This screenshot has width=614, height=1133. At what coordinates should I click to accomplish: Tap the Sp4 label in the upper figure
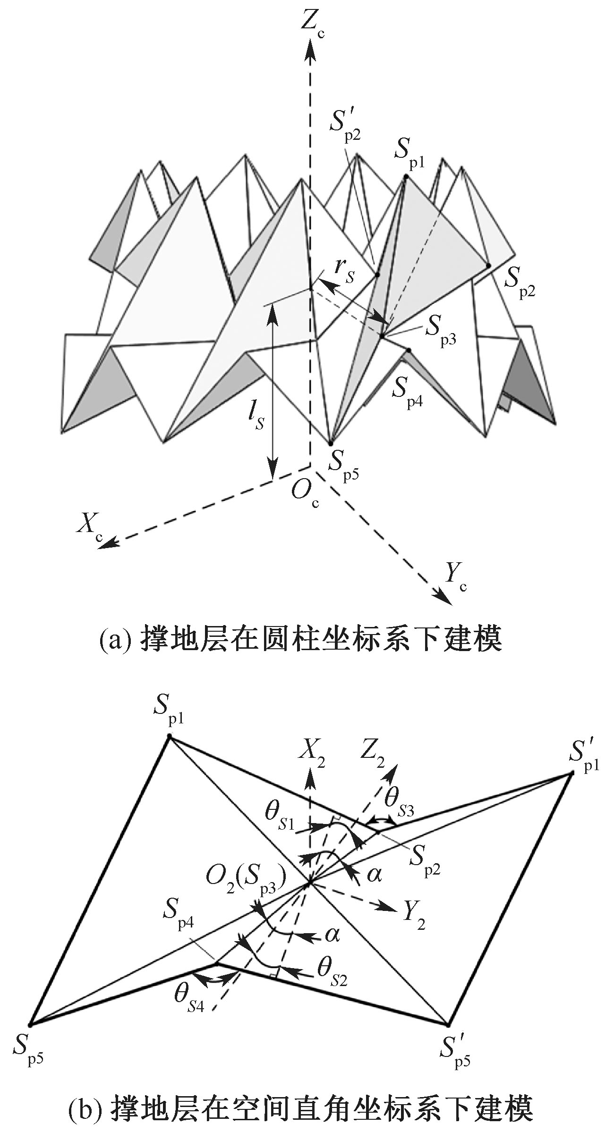click(x=407, y=390)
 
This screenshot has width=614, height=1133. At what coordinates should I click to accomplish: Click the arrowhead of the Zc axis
click(x=310, y=47)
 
